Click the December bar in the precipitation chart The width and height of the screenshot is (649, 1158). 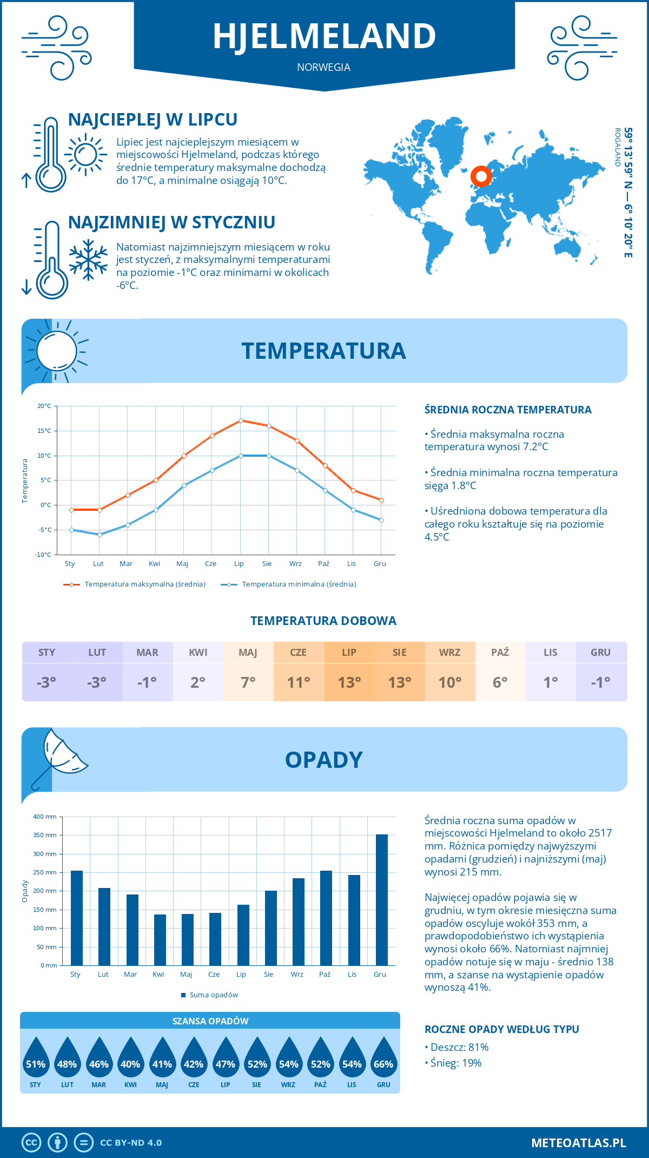tap(381, 900)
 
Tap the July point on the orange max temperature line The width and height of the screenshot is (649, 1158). tap(241, 420)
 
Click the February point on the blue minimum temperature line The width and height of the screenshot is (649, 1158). tap(100, 535)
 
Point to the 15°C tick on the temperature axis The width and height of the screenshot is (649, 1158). tap(44, 431)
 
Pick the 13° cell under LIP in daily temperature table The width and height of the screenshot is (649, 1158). tap(349, 682)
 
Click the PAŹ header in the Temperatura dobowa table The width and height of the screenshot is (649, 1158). tap(500, 653)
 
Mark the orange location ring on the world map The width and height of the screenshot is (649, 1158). tap(481, 176)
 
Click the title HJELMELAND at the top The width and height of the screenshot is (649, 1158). tap(324, 37)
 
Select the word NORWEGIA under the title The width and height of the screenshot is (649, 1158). tap(323, 68)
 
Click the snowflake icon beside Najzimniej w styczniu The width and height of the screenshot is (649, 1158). tap(88, 260)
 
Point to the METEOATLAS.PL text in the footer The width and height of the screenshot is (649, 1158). tap(578, 1142)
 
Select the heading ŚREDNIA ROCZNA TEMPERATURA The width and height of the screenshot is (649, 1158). tap(507, 410)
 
